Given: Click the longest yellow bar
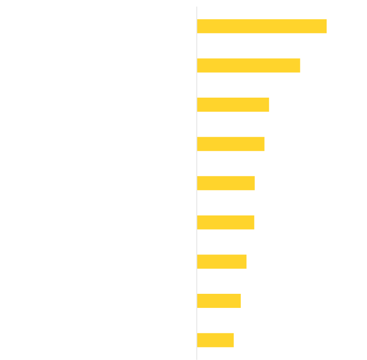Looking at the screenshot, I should click(261, 26).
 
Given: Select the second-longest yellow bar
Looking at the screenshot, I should click(248, 65).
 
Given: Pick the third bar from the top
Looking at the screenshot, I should click(233, 105).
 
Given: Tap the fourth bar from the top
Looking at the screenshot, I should click(230, 144).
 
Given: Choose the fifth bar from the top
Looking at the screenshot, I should click(226, 183).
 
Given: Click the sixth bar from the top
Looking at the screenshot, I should click(225, 222).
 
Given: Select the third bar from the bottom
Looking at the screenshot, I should click(222, 261).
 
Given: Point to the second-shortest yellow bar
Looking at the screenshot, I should click(219, 301).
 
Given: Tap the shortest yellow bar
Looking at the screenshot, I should click(215, 340).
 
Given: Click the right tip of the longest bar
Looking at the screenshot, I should click(326, 26).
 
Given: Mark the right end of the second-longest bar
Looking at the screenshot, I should click(300, 65).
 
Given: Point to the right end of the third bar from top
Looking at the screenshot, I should click(269, 105).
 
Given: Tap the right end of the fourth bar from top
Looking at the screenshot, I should click(264, 144).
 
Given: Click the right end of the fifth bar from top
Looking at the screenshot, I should click(254, 183).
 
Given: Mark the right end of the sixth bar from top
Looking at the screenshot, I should click(254, 222).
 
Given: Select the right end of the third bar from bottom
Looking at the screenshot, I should click(246, 261).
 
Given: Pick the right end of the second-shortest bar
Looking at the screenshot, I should click(240, 301).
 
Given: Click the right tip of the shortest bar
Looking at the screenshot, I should click(233, 340).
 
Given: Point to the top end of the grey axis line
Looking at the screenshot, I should click(197, 7).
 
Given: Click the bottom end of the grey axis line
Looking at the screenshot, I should click(197, 359).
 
